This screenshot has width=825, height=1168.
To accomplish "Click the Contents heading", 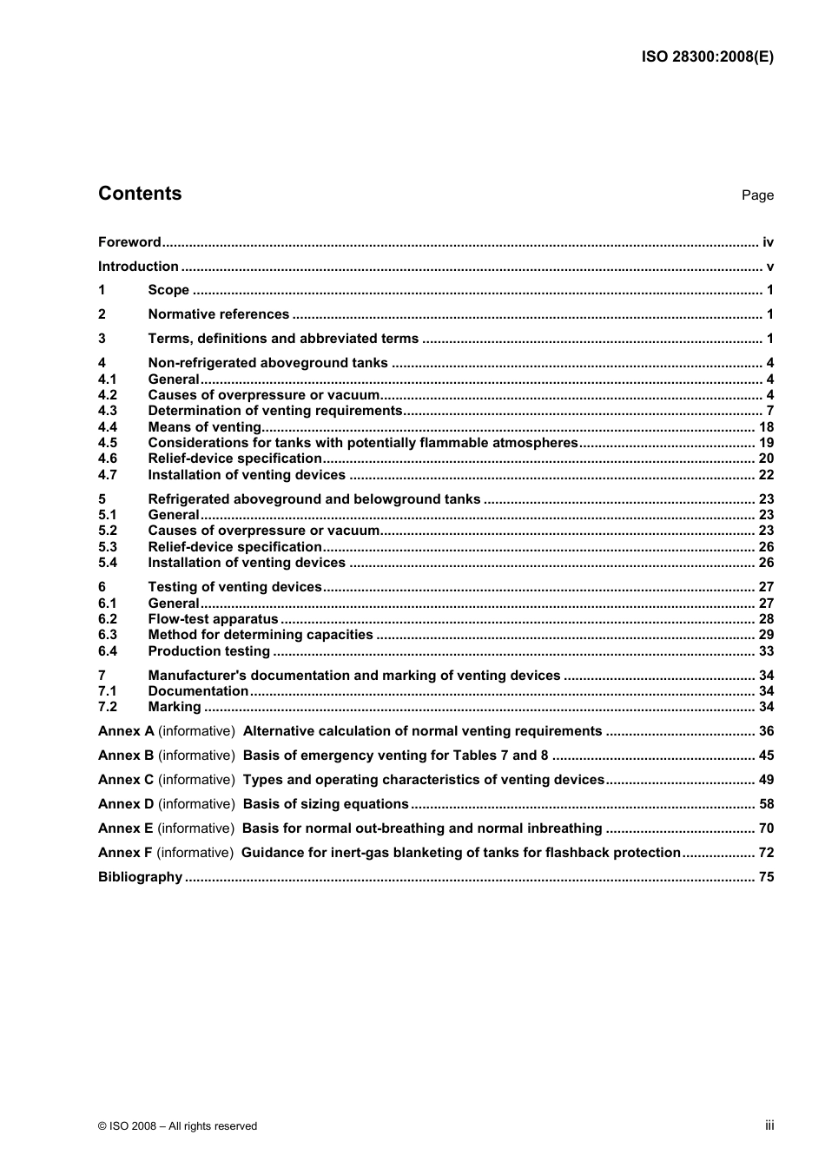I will [140, 194].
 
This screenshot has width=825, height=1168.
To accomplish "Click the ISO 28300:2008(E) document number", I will [707, 57].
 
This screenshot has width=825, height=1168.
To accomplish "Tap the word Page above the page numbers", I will [757, 195].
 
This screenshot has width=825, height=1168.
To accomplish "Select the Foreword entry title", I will [129, 242].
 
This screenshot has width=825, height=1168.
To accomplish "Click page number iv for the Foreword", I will [768, 242].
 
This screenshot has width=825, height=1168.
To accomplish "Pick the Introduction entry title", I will [138, 267].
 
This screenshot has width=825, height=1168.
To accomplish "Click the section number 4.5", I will [108, 443].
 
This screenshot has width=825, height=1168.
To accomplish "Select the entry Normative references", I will [218, 314].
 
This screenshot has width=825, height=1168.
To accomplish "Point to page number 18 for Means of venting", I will [766, 427].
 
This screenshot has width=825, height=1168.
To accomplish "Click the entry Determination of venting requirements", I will [275, 411].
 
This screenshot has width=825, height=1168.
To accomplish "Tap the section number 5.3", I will [108, 547].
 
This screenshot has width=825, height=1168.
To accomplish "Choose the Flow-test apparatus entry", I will [213, 619].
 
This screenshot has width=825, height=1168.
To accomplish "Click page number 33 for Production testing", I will [766, 651].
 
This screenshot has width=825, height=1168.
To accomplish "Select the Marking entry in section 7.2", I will [174, 707].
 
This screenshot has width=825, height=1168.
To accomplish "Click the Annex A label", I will [126, 731].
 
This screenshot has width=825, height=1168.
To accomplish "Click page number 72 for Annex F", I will [766, 853].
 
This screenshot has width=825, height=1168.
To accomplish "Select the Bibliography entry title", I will [140, 877].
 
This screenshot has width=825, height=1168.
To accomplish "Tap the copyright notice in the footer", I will [177, 1126].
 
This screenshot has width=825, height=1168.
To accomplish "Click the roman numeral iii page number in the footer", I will [769, 1125].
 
